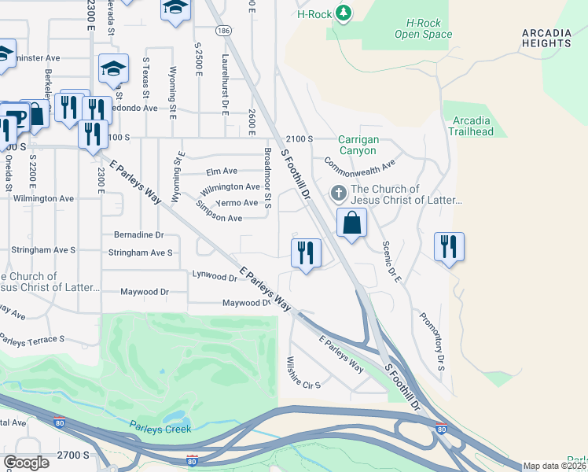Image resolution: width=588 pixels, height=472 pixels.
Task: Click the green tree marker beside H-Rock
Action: click(343, 13)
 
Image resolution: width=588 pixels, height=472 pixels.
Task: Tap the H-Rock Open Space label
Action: click(423, 29)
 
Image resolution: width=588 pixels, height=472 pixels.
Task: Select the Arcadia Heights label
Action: click(546, 38)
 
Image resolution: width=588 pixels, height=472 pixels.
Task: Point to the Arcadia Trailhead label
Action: click(472, 126)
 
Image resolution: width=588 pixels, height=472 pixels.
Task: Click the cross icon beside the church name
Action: click(338, 193)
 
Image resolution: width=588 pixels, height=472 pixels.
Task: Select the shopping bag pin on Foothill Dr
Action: click(351, 223)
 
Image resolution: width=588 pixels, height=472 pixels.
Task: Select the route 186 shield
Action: click(223, 31)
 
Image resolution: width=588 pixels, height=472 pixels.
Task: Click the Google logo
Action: click(26, 463)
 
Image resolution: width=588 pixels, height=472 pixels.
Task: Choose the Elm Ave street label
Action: click(221, 171)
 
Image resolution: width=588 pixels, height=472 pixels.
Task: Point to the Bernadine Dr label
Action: click(138, 234)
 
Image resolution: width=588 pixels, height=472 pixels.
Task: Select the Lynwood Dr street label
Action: click(215, 276)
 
